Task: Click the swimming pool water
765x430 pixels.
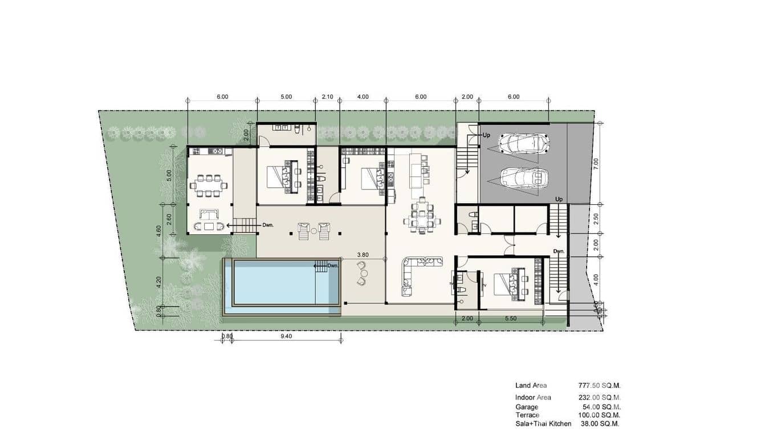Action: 274,283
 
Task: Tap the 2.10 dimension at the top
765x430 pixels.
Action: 327,97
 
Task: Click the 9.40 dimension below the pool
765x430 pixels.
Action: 287,336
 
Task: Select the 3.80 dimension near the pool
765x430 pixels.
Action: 362,255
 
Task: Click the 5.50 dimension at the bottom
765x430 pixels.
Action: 510,318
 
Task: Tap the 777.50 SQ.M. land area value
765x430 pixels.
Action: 599,386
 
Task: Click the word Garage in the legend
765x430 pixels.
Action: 526,407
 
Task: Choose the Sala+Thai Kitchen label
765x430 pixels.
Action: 543,424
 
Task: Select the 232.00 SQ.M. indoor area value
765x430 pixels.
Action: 599,397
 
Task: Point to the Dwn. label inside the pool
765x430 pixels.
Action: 332,265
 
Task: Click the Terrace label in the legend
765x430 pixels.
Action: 527,415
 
